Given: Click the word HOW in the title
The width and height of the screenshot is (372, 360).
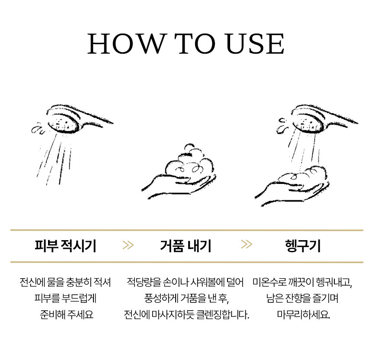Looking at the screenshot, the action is tap(126, 44).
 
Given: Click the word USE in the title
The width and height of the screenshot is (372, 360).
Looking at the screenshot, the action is tap(255, 44).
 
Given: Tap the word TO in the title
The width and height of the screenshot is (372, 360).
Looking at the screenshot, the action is tap(195, 44).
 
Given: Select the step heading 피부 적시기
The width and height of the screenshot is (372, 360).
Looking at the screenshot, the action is tap(65, 246).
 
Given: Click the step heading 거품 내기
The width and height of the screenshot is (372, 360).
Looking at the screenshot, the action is tap(186, 246).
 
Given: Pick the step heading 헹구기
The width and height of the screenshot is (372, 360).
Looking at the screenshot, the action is tap(303, 246).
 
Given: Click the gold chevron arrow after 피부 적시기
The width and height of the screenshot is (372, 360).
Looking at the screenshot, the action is tap(128, 245).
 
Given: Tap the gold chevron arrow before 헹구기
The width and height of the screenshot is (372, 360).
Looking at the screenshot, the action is tap(247, 244).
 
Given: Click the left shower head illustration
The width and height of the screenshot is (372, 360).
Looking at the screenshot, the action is tap(71, 119).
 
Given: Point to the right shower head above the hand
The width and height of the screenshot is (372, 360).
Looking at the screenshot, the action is tap(318, 119).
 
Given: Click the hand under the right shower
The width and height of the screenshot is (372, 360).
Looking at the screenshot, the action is tap(292, 190).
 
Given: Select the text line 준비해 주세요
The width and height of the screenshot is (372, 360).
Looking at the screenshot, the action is tap(67, 315).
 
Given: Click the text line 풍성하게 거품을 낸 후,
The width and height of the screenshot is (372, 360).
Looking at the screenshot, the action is tap(186, 298).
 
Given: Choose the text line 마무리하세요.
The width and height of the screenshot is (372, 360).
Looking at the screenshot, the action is tap(303, 315).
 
